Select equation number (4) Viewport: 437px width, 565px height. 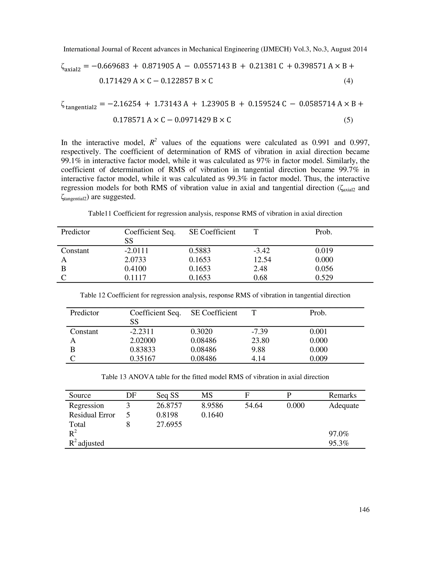pyautogui.click(x=348, y=81)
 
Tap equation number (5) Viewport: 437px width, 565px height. pyautogui.click(x=348, y=120)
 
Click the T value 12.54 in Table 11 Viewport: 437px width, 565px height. pyautogui.click(x=262, y=259)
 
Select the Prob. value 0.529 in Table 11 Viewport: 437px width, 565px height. pyautogui.click(x=324, y=278)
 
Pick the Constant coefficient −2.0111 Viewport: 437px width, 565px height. pyautogui.click(x=136, y=251)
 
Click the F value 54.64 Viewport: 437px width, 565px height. pyautogui.click(x=253, y=405)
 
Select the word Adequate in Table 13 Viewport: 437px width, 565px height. pyautogui.click(x=344, y=405)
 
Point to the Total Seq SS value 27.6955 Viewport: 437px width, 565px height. pyautogui.click(x=169, y=424)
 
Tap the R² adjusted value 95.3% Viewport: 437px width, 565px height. pyautogui.click(x=339, y=443)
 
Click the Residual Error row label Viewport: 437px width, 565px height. pyautogui.click(x=92, y=415)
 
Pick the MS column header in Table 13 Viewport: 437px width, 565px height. pyautogui.click(x=207, y=395)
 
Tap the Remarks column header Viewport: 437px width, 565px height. pyautogui.click(x=342, y=395)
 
